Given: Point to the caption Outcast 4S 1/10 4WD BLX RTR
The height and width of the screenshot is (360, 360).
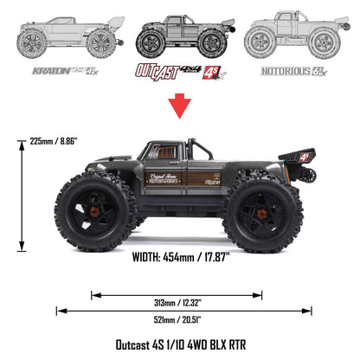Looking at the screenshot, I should [180, 344].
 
